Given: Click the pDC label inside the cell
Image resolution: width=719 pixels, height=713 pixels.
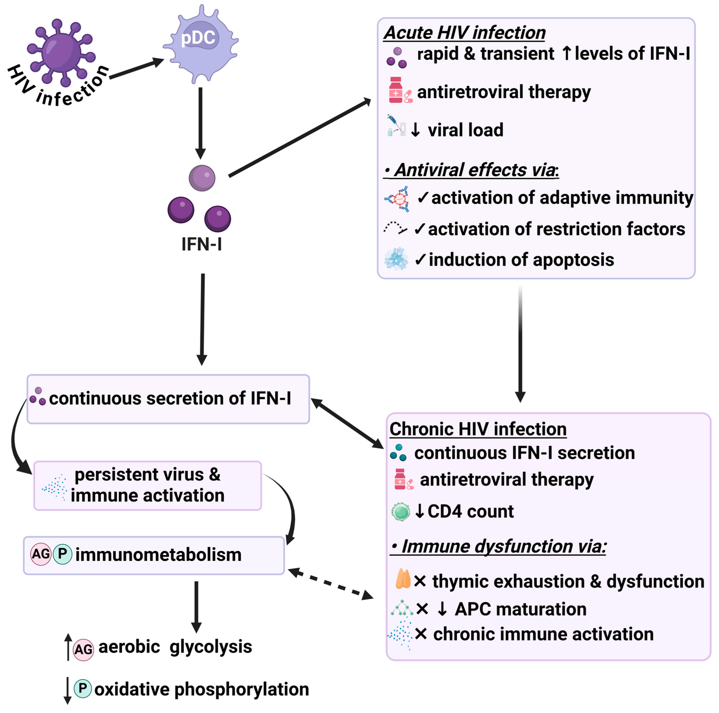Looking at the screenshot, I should pyautogui.click(x=198, y=38).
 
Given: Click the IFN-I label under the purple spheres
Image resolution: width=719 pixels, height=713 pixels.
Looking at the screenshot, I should pyautogui.click(x=201, y=244).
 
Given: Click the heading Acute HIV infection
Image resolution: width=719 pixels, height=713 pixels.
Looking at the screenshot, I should pyautogui.click(x=464, y=33).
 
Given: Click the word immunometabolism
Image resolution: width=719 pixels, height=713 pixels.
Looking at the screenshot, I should pyautogui.click(x=158, y=555).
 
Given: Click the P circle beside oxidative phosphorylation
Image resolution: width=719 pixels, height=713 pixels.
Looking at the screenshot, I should pyautogui.click(x=83, y=689).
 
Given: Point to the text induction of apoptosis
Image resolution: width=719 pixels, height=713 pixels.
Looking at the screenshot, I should pyautogui.click(x=521, y=260).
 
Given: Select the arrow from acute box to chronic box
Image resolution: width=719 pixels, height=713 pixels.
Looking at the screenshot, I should pyautogui.click(x=520, y=342).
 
